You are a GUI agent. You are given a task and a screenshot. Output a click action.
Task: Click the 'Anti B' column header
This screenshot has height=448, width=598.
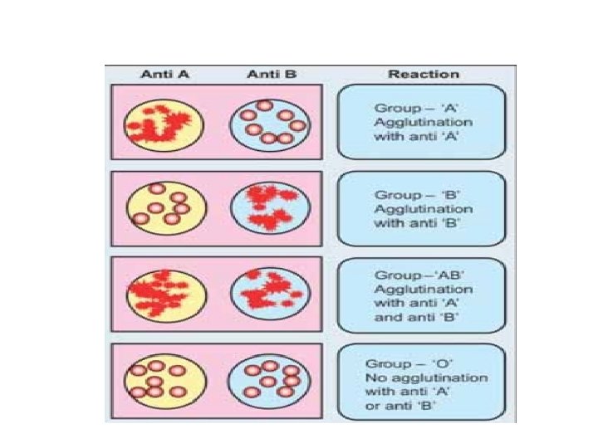tap(271, 74)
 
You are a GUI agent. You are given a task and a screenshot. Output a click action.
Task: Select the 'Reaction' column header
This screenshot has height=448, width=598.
tap(423, 74)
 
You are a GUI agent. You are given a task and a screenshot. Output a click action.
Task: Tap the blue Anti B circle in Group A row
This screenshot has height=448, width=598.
tap(268, 124)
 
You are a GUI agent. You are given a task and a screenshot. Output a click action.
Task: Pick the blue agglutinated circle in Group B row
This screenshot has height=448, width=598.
tap(268, 208)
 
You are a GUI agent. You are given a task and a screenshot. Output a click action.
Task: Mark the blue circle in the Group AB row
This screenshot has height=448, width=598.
tap(268, 294)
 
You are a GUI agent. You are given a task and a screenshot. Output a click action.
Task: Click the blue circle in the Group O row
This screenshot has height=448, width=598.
tap(268, 380)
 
